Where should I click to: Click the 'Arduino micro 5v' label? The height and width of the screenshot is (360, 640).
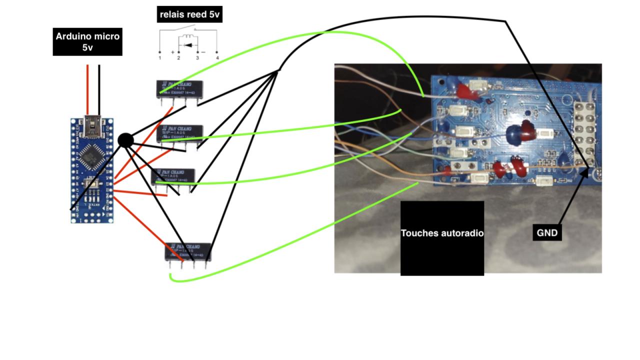pyautogui.click(x=87, y=42)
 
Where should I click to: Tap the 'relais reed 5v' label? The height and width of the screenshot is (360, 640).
pyautogui.click(x=189, y=14)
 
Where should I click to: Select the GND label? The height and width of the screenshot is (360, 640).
pyautogui.click(x=547, y=232)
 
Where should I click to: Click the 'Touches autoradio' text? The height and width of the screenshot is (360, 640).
pyautogui.click(x=442, y=233)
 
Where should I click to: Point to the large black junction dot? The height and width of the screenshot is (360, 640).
pyautogui.click(x=125, y=140)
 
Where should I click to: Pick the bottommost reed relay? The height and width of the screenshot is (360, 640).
pyautogui.click(x=188, y=252)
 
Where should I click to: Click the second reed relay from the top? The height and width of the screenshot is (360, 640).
pyautogui.click(x=180, y=133)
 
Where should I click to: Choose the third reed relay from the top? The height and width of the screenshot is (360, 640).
pyautogui.click(x=173, y=175)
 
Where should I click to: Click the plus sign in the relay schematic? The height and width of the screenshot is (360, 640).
pyautogui.click(x=173, y=52)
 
